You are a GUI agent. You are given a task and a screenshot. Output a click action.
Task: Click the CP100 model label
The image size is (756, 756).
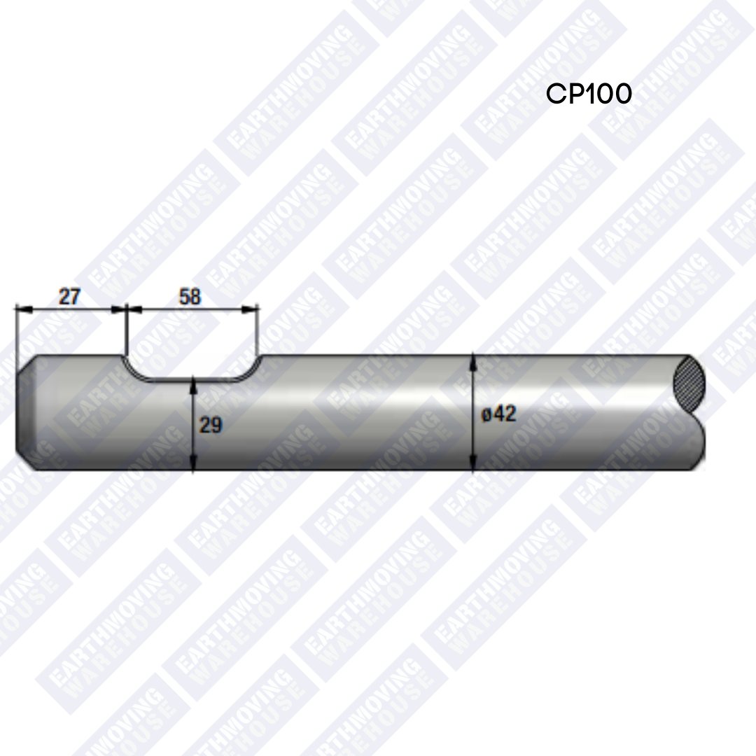(589, 94)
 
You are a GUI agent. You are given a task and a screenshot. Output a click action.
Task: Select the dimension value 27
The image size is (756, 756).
(69, 297)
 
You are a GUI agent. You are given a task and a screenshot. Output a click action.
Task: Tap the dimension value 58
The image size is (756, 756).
(190, 297)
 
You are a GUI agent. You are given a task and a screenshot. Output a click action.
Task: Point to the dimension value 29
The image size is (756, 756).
(210, 425)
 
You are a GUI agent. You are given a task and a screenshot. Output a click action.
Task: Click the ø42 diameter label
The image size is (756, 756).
(499, 414)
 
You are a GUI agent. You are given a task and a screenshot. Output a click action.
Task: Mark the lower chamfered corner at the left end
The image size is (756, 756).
(24, 462)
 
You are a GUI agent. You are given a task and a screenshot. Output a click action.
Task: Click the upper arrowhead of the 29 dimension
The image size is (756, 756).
(192, 386)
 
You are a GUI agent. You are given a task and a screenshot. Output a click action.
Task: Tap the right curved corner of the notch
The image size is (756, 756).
(248, 371)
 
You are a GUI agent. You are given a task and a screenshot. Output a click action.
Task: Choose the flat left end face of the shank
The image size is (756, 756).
(17, 413)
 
